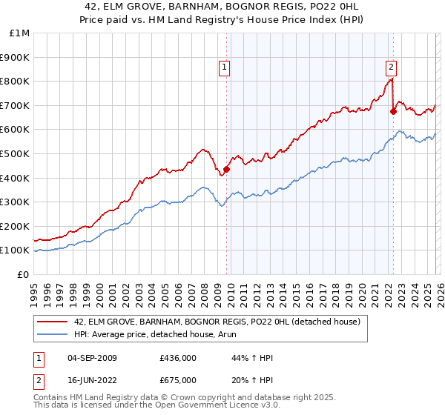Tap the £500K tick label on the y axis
[15, 153]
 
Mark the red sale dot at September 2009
[226, 168]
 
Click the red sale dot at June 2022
[394, 111]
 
